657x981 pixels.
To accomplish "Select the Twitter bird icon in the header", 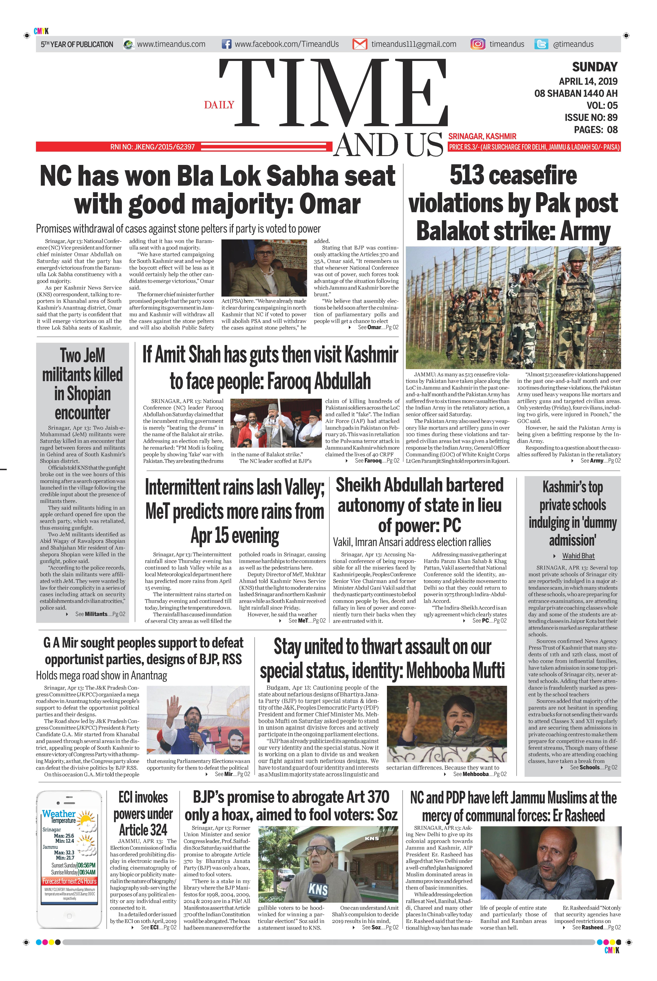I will [x=541, y=44].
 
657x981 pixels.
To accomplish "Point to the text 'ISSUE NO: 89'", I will [x=591, y=117].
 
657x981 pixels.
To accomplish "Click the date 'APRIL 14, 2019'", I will [x=588, y=81].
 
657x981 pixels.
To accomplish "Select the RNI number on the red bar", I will [x=153, y=147].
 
